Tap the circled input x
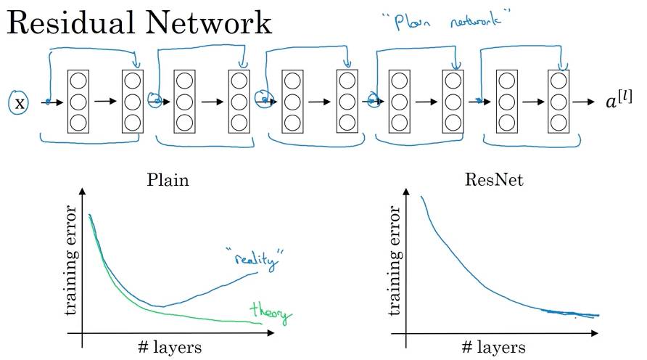pyautogui.click(x=20, y=103)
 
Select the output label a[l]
pyautogui.click(x=618, y=102)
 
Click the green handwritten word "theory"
pyautogui.click(x=269, y=314)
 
